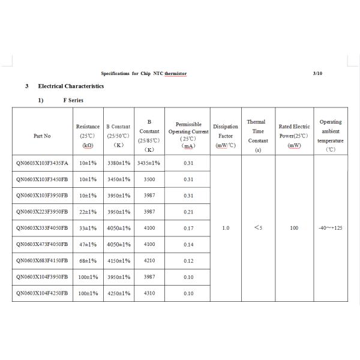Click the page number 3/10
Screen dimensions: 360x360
317,73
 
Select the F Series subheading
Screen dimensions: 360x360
73,100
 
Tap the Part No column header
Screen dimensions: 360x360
42,136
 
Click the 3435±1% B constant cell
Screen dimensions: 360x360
149,163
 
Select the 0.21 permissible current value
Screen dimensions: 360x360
188,212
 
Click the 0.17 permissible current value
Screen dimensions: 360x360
188,228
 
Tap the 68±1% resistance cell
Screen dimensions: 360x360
88,260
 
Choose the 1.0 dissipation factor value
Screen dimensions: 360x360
226,228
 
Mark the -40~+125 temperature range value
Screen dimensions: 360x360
331,228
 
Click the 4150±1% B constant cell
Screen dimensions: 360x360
118,260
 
